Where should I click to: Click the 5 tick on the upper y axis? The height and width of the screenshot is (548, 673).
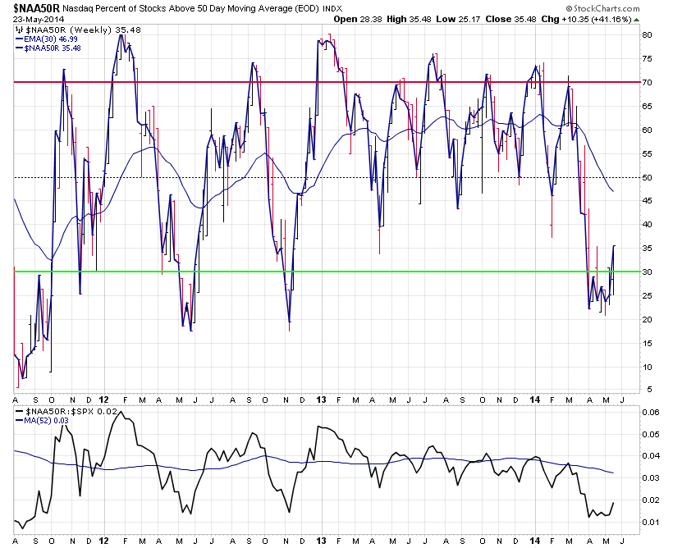649,390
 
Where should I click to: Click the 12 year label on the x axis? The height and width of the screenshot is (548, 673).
103,541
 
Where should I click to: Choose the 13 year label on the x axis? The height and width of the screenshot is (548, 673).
321,541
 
